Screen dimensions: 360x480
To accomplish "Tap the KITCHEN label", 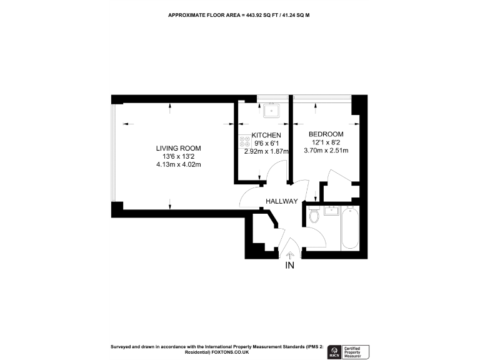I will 266,135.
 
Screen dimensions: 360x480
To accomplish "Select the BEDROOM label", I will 326,134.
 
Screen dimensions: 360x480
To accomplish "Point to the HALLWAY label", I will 282,201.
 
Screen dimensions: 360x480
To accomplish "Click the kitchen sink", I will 272,111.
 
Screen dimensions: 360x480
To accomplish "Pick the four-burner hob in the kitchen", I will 244,142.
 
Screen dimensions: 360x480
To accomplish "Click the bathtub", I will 349,229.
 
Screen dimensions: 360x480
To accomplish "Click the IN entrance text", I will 289,266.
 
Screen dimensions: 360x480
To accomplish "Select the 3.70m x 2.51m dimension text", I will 326,151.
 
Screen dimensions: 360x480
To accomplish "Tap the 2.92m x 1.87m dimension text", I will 266,151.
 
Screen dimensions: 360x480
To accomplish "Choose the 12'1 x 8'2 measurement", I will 326,142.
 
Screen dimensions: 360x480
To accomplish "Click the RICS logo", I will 334,351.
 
